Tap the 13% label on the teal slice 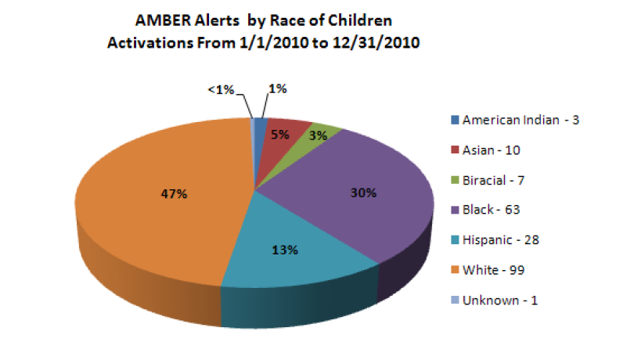tap(285, 250)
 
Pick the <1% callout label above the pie tap(221, 90)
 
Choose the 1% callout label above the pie tap(277, 89)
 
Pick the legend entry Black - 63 tap(492, 210)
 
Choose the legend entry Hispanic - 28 tap(501, 239)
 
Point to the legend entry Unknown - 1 tap(499, 300)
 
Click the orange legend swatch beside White tap(455, 270)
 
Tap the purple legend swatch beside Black tap(455, 210)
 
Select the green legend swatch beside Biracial tap(455, 180)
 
